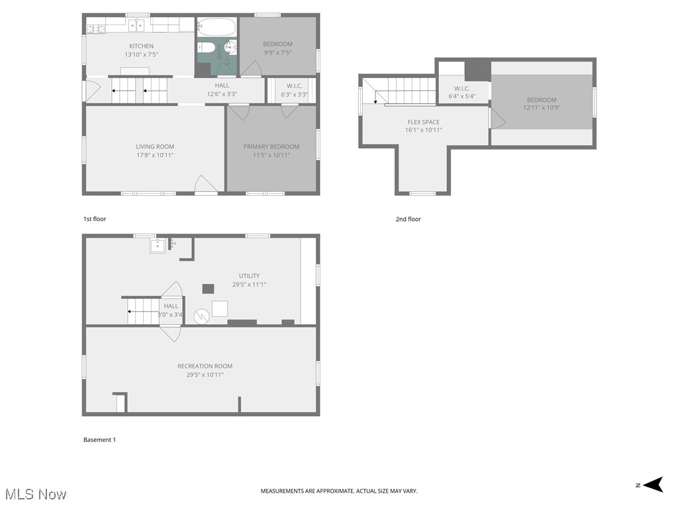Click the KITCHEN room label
tap(141, 46)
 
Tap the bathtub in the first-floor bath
tap(217, 27)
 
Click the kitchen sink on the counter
tap(136, 26)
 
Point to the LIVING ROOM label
tap(155, 147)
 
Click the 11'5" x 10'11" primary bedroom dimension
tap(271, 155)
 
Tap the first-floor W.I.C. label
tap(295, 85)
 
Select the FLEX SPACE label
tap(423, 122)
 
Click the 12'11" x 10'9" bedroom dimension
tap(542, 108)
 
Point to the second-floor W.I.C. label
tap(461, 88)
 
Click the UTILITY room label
tap(249, 276)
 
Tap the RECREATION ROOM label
tap(205, 366)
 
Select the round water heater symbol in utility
tap(201, 317)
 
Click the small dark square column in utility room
tap(208, 288)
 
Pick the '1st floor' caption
tap(95, 219)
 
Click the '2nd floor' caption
tap(408, 219)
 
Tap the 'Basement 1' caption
tap(99, 440)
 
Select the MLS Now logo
tap(35, 494)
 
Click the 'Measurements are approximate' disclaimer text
tap(339, 491)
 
